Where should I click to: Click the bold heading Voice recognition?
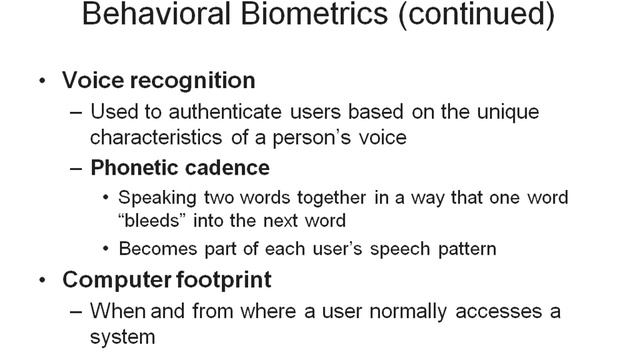pos(158,80)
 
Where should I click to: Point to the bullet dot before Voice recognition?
pos(39,81)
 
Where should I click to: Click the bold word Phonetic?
pos(133,168)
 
